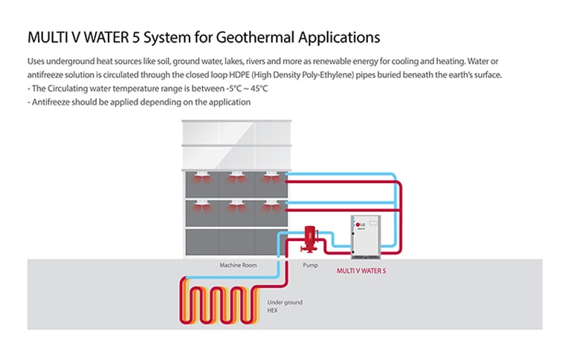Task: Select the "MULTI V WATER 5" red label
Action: pyautogui.click(x=361, y=271)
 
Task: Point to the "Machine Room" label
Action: pyautogui.click(x=238, y=265)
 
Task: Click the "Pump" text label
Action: pyautogui.click(x=310, y=265)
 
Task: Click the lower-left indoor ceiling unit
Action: pyautogui.click(x=201, y=206)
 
